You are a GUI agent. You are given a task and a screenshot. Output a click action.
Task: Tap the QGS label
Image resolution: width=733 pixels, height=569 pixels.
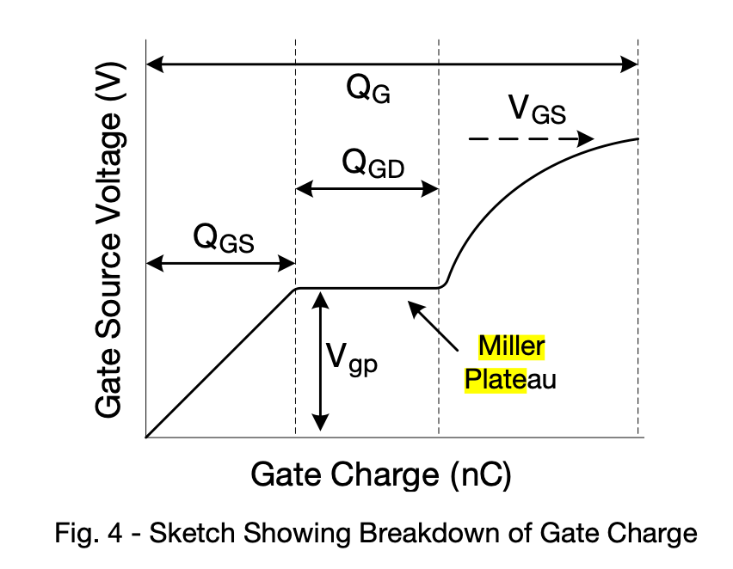[224, 237]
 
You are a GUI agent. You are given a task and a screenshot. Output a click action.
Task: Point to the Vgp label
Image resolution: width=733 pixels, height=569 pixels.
[352, 356]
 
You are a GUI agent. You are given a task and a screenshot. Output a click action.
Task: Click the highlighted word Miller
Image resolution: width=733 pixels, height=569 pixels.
[512, 346]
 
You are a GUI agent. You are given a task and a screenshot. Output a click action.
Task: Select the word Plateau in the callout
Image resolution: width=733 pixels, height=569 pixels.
[510, 378]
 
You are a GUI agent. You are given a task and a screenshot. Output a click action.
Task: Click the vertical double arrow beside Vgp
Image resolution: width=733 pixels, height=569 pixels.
[320, 361]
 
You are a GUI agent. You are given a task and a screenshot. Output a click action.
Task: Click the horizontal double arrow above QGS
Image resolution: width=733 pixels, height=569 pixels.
[220, 265]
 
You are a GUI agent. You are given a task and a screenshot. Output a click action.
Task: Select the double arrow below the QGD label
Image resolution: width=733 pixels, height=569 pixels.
[367, 189]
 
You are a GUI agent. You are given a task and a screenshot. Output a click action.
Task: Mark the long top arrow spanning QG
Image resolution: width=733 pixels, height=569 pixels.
[392, 64]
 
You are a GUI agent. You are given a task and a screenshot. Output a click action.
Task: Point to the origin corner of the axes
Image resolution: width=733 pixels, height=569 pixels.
[147, 437]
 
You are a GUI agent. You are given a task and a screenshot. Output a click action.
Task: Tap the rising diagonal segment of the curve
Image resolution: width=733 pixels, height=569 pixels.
[221, 363]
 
